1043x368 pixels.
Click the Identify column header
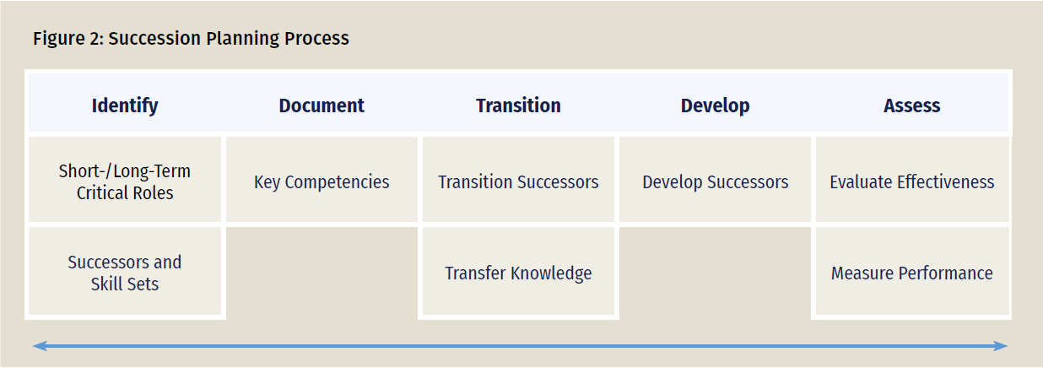[125, 106]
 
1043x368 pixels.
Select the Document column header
[322, 106]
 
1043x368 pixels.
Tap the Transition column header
[518, 106]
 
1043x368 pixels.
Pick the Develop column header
[716, 106]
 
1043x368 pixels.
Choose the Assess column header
[911, 106]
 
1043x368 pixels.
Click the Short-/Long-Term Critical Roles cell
[125, 179]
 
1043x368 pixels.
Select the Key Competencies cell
[322, 179]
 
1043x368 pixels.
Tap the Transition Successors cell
[518, 179]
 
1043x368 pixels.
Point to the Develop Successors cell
[716, 179]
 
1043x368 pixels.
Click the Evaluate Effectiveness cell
[912, 179]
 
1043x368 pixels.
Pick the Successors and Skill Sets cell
[125, 271]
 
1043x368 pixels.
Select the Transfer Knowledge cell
[518, 271]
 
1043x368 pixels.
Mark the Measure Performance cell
[912, 271]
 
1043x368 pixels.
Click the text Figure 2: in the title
[68, 38]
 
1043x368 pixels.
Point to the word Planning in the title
[242, 39]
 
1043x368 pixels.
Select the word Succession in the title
[154, 38]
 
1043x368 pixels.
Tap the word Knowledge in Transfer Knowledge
[551, 273]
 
